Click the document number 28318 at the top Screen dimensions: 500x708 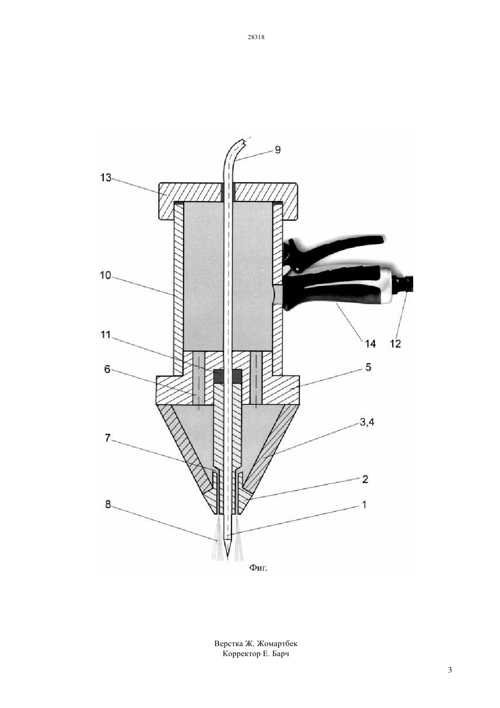(256, 37)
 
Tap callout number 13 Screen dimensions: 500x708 (106, 177)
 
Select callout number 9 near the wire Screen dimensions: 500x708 (277, 150)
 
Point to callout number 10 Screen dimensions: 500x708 (106, 275)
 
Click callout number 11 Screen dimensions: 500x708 (106, 334)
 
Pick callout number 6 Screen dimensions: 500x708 (107, 369)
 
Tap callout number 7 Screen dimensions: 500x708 (108, 438)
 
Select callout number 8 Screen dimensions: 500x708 (108, 505)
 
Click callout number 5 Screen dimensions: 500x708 (368, 367)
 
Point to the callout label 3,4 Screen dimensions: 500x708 (367, 422)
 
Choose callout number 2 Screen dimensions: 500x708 (365, 479)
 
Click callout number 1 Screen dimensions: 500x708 (364, 505)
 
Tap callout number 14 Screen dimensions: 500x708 (370, 344)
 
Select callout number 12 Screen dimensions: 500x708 (395, 344)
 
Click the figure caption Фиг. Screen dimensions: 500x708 (258, 568)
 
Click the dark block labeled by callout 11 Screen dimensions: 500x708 (228, 376)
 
